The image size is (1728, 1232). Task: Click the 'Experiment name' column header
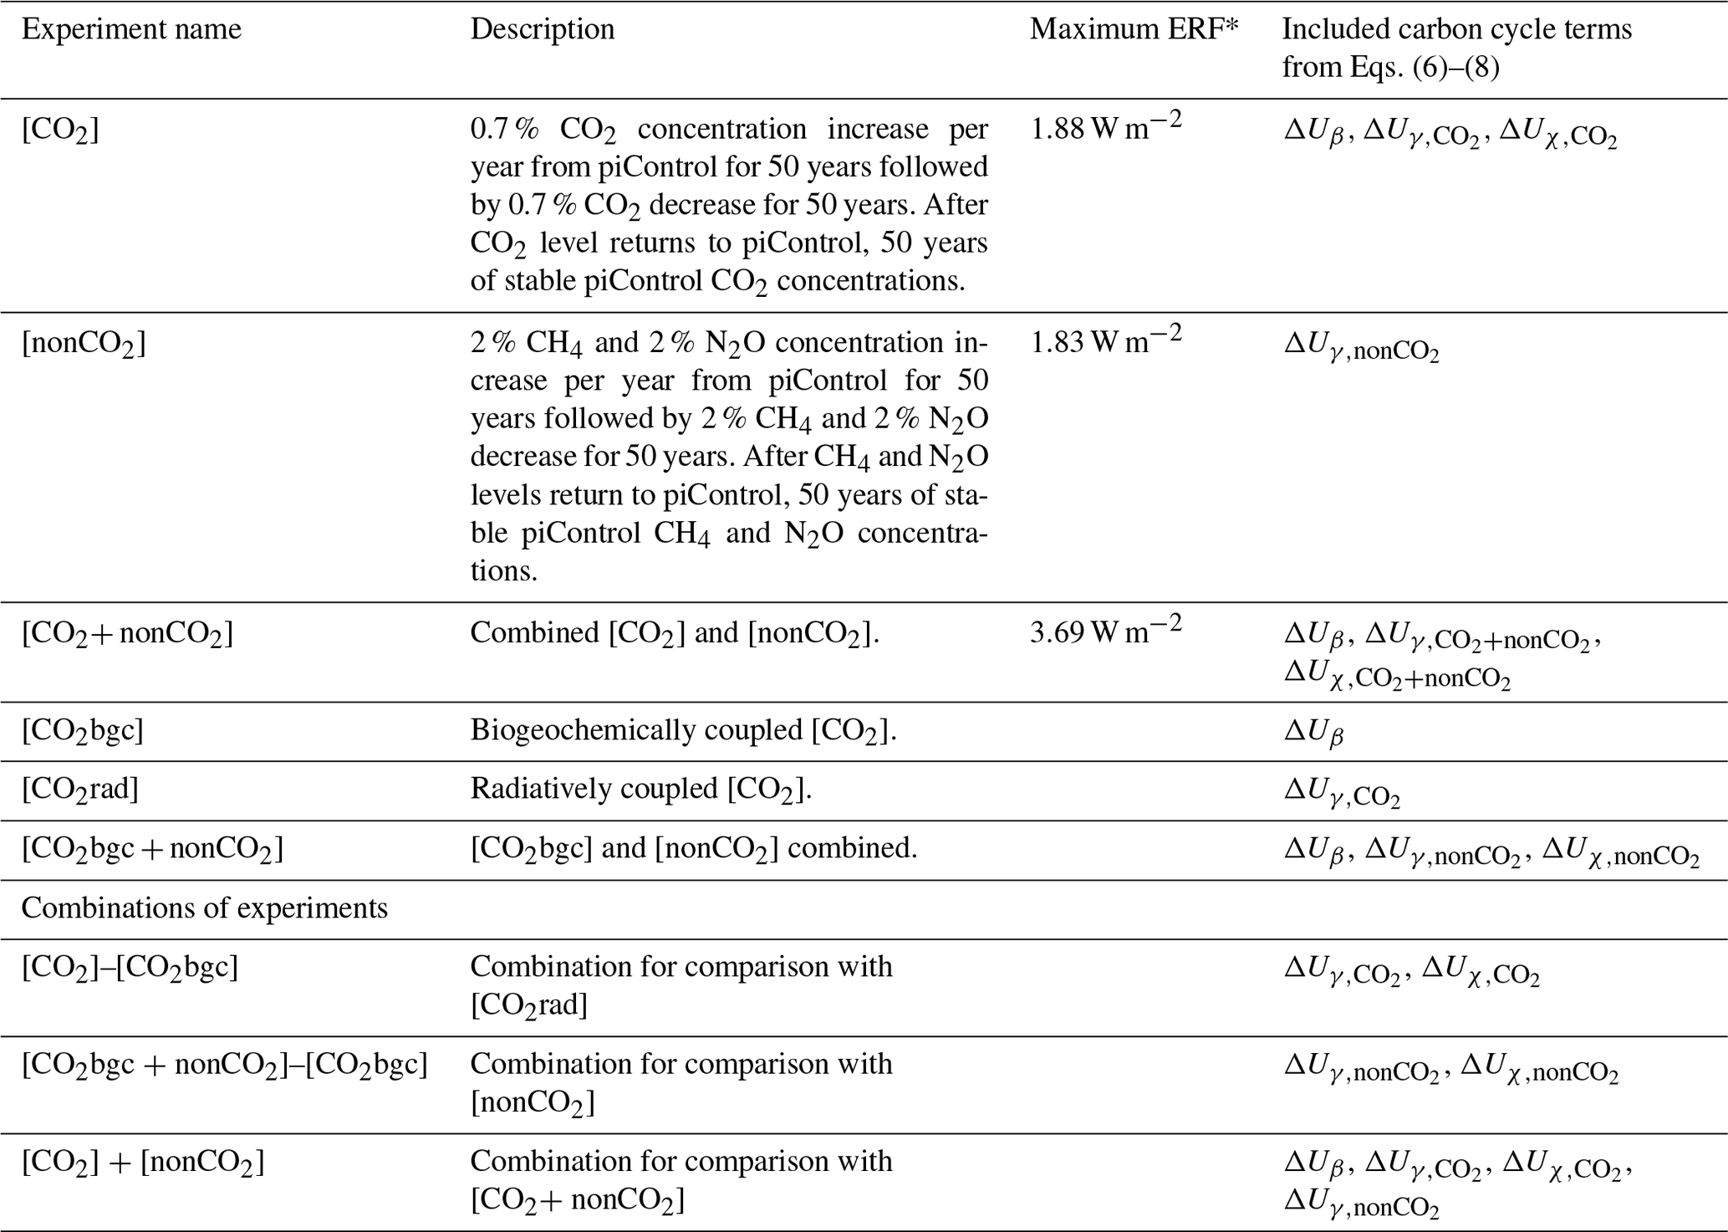(x=131, y=30)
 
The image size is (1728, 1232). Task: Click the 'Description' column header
(x=542, y=30)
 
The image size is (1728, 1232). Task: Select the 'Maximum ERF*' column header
(x=1133, y=30)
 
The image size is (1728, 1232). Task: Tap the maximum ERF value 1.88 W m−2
(x=1105, y=129)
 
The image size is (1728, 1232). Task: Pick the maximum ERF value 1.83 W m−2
(x=1105, y=342)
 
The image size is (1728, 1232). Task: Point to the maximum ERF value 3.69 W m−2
(x=1105, y=632)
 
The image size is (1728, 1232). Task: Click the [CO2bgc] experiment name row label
(x=82, y=731)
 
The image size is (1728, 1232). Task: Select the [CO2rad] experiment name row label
(x=79, y=790)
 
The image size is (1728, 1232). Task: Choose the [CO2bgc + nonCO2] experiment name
(x=152, y=850)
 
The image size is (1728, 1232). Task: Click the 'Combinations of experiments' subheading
(x=205, y=908)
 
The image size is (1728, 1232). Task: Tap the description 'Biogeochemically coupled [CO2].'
(x=683, y=731)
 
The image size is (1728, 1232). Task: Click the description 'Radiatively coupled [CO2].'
(x=640, y=790)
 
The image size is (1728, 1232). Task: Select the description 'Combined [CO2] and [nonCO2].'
(x=675, y=633)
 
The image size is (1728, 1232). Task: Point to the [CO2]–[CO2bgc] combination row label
(x=130, y=968)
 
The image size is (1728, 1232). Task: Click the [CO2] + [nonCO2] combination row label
(x=143, y=1163)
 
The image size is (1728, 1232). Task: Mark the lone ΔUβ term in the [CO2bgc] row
(x=1313, y=733)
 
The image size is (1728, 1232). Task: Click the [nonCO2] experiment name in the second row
(x=84, y=343)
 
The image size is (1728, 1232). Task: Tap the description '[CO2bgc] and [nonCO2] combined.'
(x=694, y=850)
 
